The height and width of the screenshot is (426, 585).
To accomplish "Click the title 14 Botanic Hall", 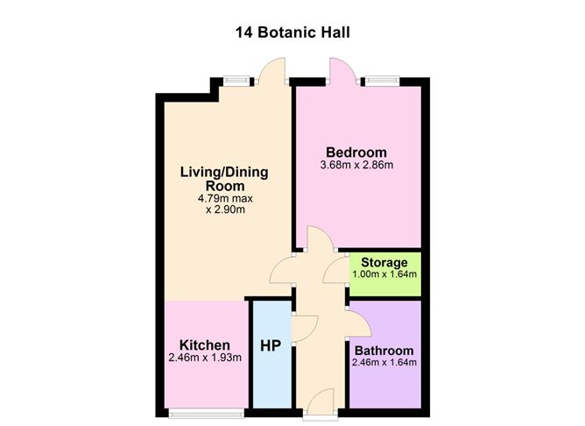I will point(292,33).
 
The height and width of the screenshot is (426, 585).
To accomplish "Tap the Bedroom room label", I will point(357,150).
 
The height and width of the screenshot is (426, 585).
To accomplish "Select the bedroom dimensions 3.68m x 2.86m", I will point(357,164).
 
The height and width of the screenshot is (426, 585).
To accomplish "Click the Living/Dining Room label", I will point(224,178).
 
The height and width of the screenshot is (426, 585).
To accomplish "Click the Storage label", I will point(384,262).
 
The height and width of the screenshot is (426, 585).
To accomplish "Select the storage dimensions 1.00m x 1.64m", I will point(384,274).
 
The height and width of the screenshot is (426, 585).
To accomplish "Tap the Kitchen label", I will point(205,344).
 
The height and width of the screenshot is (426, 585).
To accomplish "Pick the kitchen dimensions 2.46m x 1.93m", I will point(205,358).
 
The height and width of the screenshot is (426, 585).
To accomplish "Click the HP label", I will point(271,345).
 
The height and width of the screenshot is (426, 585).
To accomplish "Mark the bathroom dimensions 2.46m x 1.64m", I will point(384,363).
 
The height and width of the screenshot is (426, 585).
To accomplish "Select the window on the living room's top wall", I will point(236,82).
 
